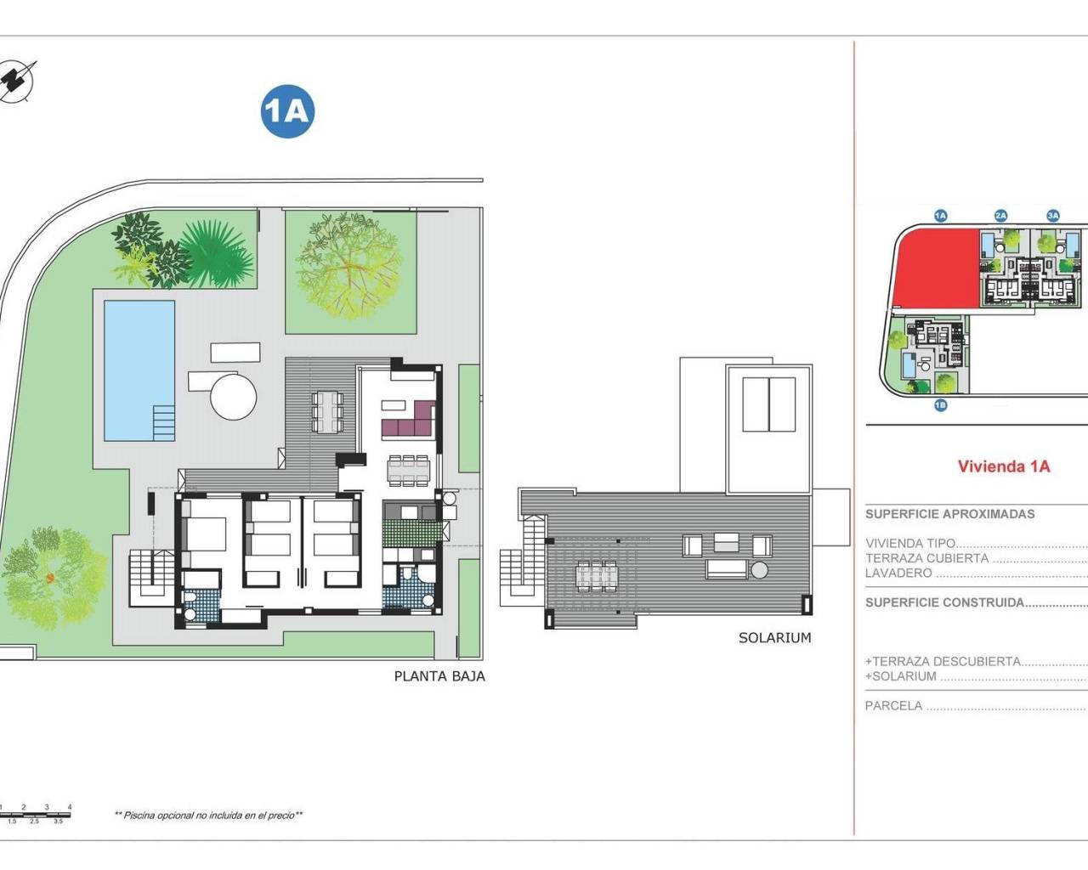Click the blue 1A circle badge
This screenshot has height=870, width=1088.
coord(287,111)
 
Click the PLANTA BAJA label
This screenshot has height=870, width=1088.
coord(439,676)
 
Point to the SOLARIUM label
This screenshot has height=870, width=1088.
coord(774,637)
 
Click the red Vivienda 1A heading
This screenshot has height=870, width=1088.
coord(1004,466)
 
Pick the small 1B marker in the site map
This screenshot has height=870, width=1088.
coord(940,405)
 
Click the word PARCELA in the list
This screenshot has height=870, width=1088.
coord(893,705)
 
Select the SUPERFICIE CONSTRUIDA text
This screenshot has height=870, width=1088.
coord(944,602)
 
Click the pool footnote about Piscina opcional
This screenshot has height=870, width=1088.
coord(209,815)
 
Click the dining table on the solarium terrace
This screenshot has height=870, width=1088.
coord(594,576)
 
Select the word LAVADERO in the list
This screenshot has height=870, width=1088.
coord(898,573)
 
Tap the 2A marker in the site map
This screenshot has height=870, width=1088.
coord(1000,216)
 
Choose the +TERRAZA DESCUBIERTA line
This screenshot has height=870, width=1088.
coord(943,661)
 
